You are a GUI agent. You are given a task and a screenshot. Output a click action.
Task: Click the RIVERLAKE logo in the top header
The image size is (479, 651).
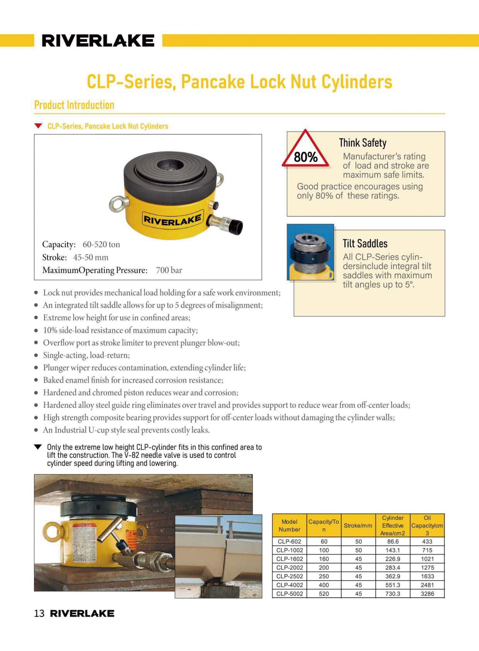pos(98,41)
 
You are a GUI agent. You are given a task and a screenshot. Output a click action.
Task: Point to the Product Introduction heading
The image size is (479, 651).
pos(74,105)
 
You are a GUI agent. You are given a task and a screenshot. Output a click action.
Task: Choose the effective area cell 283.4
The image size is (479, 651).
pos(393,567)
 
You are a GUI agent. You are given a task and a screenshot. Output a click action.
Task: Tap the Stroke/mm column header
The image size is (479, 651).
pos(358,525)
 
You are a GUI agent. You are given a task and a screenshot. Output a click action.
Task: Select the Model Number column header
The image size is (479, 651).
pos(289,525)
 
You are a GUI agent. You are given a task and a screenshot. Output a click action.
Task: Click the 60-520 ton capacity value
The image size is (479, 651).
pos(101,244)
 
